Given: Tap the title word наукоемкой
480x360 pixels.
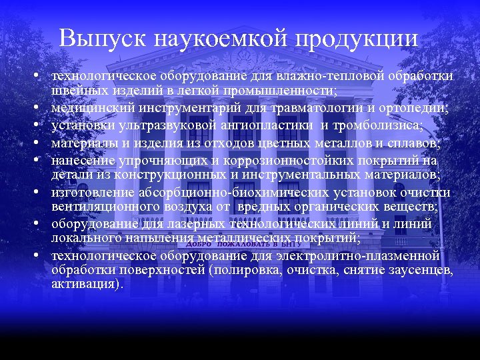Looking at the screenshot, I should tap(221, 38).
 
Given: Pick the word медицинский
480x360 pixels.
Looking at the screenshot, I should tap(87, 109).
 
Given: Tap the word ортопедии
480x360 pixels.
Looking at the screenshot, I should tap(419, 109).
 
